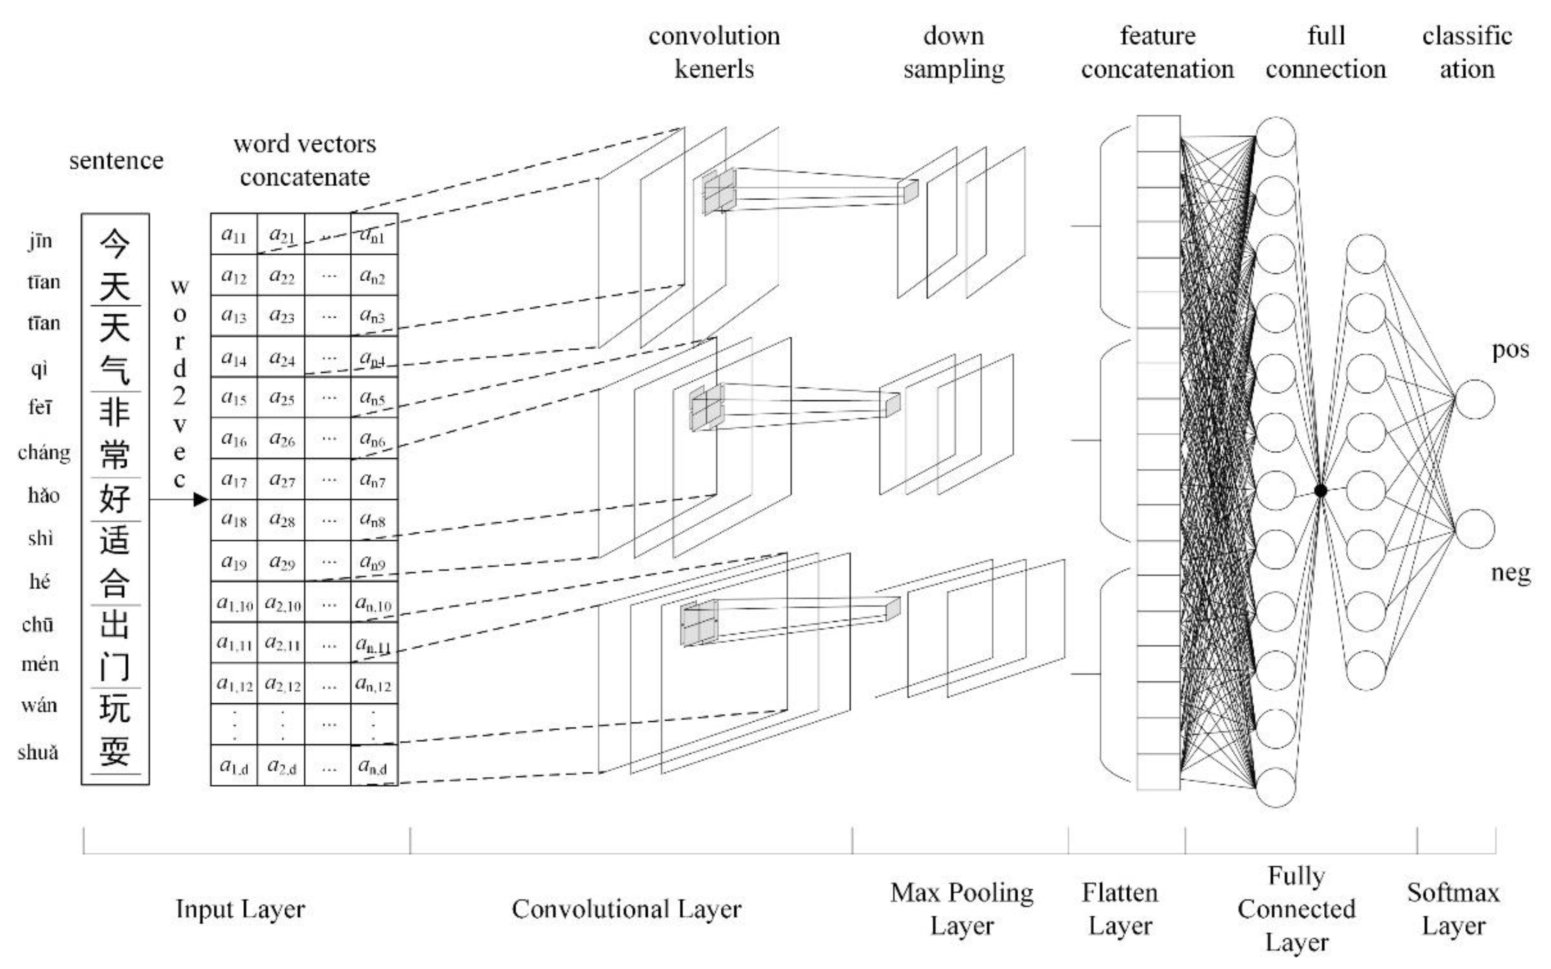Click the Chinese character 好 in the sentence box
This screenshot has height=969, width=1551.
(x=115, y=498)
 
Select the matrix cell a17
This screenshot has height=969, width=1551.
(x=233, y=480)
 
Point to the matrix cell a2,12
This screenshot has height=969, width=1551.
(x=282, y=684)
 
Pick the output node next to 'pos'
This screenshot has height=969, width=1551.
(x=1475, y=399)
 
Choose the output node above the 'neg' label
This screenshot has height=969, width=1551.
(x=1475, y=529)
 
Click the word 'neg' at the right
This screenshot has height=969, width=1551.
(x=1510, y=572)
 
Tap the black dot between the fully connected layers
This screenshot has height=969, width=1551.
(x=1320, y=490)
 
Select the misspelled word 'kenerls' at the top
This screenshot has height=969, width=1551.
(x=714, y=69)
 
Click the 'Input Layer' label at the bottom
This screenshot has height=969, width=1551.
(x=240, y=909)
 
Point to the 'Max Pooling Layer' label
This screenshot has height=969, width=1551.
(x=961, y=909)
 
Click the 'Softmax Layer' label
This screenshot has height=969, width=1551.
(x=1453, y=909)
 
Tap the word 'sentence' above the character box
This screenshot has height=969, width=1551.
(x=116, y=160)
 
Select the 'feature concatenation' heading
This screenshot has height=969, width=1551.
(x=1157, y=52)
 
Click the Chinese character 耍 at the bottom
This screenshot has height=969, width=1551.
(x=115, y=751)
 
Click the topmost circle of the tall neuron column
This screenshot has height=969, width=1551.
(x=1275, y=137)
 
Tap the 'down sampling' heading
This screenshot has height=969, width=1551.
(x=953, y=52)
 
